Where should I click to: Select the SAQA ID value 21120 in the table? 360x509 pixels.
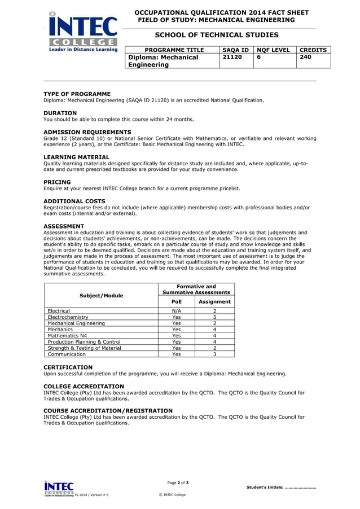pyautogui.click(x=232, y=58)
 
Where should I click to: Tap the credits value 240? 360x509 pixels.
pyautogui.click(x=305, y=58)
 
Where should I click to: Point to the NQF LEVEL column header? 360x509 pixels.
pyautogui.click(x=274, y=50)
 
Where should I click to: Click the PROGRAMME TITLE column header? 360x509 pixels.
pyautogui.click(x=174, y=50)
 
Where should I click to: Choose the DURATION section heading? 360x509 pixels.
pyautogui.click(x=60, y=113)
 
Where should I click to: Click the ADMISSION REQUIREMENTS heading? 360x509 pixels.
pyautogui.click(x=87, y=132)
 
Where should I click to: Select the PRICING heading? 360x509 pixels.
pyautogui.click(x=57, y=182)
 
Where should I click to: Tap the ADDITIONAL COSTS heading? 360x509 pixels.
pyautogui.click(x=74, y=201)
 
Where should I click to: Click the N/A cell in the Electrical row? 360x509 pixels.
pyautogui.click(x=177, y=311)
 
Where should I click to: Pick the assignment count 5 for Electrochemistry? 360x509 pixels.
pyautogui.click(x=214, y=317)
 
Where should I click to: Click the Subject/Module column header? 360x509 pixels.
pyautogui.click(x=102, y=295)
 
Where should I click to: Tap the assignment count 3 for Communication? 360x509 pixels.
pyautogui.click(x=214, y=354)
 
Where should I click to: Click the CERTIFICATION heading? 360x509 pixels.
pyautogui.click(x=68, y=367)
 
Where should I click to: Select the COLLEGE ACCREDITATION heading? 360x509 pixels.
pyautogui.click(x=85, y=387)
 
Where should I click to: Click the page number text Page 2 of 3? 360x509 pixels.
pyautogui.click(x=178, y=482)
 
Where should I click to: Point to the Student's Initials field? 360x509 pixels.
pyautogui.click(x=281, y=487)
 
